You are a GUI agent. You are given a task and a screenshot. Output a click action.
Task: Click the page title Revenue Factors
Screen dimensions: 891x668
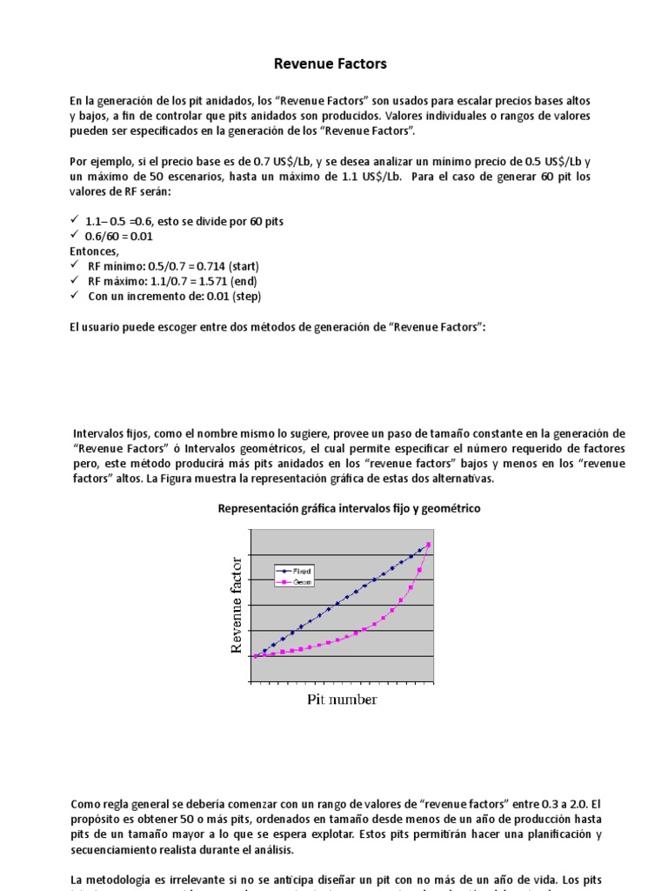pyautogui.click(x=331, y=64)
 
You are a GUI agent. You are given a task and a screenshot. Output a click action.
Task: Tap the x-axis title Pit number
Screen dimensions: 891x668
pyautogui.click(x=342, y=700)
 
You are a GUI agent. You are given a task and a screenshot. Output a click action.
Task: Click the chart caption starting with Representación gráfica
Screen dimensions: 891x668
pyautogui.click(x=348, y=507)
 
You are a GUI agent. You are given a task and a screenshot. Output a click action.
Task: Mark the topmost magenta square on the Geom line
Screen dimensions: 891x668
pyautogui.click(x=429, y=546)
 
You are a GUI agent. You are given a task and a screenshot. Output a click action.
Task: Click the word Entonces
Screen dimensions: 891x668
pyautogui.click(x=95, y=251)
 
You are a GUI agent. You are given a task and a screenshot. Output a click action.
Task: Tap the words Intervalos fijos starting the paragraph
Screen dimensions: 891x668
pyautogui.click(x=106, y=433)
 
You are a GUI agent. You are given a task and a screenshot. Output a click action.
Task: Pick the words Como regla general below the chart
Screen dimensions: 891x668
pyautogui.click(x=117, y=806)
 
